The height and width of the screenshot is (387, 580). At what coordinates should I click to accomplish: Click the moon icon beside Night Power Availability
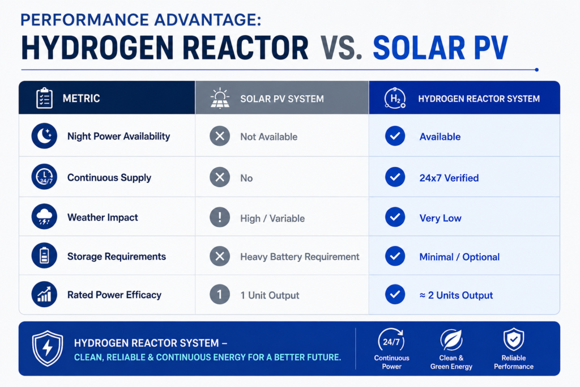pos(44,136)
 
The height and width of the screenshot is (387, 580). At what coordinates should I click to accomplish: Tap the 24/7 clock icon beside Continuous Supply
pos(44,177)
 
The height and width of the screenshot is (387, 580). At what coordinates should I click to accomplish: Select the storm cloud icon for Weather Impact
pos(44,216)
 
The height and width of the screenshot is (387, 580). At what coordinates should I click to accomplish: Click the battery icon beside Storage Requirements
pos(44,256)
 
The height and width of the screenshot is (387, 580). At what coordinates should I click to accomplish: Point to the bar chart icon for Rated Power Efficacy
pos(44,295)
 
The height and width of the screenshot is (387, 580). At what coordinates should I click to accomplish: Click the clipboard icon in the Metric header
pos(44,98)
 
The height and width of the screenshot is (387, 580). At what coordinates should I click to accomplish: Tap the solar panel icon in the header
pos(220,98)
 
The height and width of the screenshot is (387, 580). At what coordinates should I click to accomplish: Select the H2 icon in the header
pos(395,98)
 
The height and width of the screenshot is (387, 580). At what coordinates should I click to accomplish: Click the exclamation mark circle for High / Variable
pos(220,217)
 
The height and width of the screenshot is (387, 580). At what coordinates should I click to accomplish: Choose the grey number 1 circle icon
pos(220,295)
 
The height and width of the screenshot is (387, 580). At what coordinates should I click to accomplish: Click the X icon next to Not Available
pos(220,136)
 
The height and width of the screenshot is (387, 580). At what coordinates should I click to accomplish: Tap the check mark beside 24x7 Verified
pos(395,177)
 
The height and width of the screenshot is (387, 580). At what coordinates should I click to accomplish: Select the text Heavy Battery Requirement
pos(300,257)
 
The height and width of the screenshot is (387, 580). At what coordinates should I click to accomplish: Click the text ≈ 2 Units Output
pos(456,295)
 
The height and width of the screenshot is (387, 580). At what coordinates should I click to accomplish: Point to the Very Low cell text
pos(440,218)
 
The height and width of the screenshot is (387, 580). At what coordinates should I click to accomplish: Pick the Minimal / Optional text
pos(459,257)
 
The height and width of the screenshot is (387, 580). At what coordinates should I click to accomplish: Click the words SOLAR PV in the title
pos(441,48)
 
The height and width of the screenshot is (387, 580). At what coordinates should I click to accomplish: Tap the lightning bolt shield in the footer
pos(48,348)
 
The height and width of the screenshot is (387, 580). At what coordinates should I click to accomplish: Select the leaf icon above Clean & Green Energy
pos(451,339)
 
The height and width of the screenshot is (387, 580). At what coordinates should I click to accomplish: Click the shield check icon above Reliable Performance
pos(513,339)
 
